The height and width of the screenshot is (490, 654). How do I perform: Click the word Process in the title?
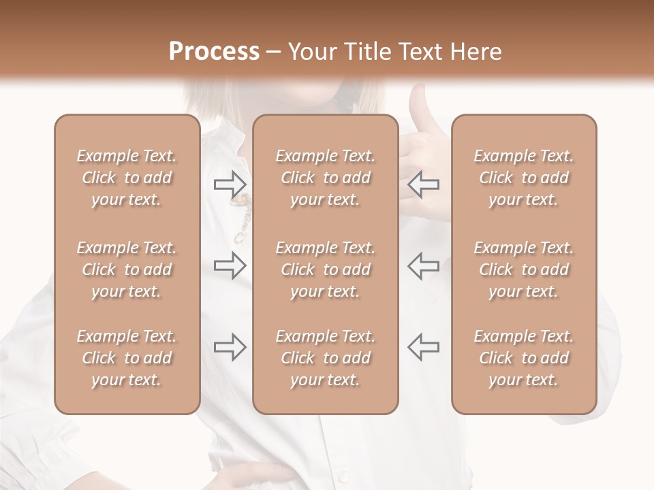[214, 52]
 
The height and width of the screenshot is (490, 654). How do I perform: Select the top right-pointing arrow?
[230, 184]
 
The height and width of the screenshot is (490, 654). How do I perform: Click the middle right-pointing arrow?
[230, 265]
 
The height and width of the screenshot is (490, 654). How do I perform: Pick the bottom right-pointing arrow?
[230, 347]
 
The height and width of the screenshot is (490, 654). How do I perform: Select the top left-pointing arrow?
[423, 184]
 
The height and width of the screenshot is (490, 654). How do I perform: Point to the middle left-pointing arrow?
[423, 265]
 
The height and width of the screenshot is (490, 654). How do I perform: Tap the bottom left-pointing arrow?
[423, 347]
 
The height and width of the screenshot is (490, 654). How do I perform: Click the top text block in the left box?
[127, 178]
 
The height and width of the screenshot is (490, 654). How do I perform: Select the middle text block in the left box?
[127, 269]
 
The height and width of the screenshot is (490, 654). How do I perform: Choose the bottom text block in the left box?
[127, 358]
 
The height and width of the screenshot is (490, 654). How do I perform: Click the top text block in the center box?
[325, 178]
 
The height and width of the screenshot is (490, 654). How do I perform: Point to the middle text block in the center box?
[325, 269]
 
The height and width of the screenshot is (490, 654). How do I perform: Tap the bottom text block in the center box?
[325, 358]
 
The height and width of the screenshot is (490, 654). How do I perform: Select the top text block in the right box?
[523, 178]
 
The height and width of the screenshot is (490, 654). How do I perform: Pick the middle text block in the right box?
[523, 269]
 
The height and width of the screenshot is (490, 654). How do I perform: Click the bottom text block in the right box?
[523, 358]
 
